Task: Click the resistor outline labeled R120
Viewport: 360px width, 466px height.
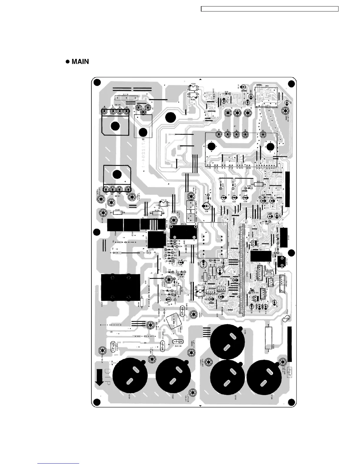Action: tap(118, 213)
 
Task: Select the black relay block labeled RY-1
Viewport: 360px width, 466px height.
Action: tap(260, 256)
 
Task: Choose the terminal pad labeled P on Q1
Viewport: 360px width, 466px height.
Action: tap(218, 134)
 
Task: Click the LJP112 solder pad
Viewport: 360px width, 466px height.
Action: tap(285, 111)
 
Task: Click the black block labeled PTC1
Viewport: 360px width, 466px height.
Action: tap(115, 225)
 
